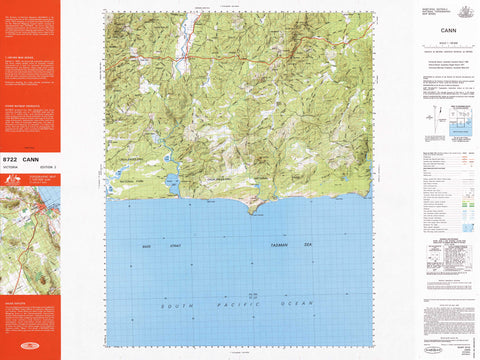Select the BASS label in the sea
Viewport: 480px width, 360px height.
point(146,243)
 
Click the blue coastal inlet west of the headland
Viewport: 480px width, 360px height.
point(172,184)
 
